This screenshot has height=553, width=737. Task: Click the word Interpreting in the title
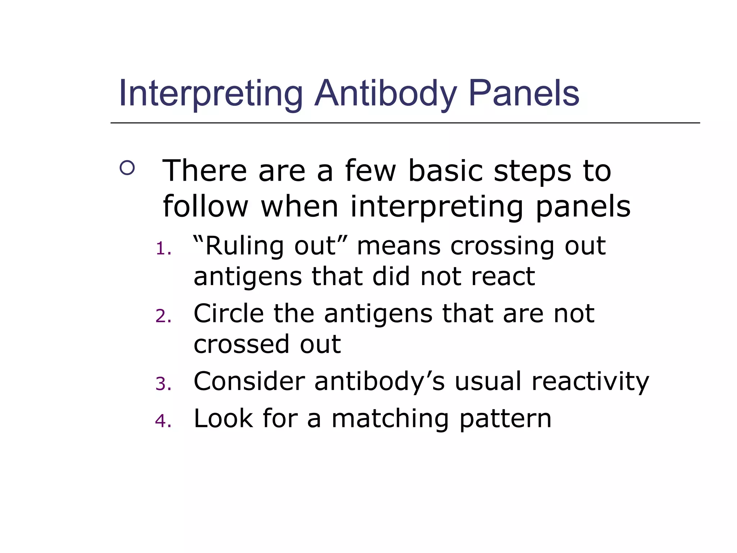coord(211,94)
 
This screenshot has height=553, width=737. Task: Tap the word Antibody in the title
coord(385,94)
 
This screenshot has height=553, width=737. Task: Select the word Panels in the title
coord(524,94)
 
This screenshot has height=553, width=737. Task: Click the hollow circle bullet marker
coord(127,168)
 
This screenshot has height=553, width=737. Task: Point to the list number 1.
coord(163,249)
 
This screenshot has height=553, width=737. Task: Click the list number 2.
coord(163,316)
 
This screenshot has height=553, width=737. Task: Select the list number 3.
coord(163,384)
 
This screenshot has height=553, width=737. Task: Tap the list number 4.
coord(163,421)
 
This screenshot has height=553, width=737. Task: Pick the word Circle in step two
coord(229,314)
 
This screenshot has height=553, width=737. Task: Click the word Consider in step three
coord(249,381)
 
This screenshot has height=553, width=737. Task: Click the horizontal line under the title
coord(405,123)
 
